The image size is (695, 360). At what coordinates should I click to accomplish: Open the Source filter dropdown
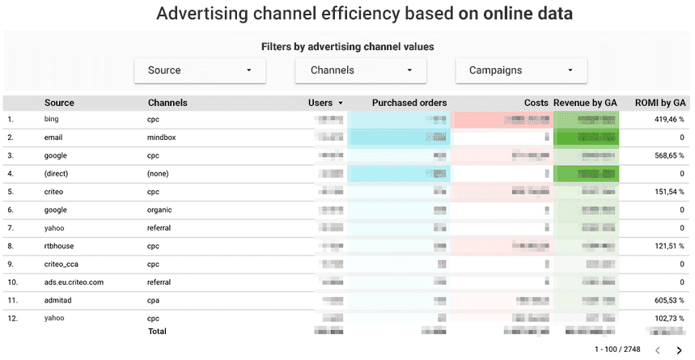coord(200,70)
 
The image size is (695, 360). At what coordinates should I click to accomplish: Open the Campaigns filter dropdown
coord(521,70)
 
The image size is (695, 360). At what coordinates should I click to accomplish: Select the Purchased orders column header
coord(409,103)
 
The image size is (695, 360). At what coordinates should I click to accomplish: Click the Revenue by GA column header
coord(585,103)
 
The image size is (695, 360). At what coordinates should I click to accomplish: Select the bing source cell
coord(53,120)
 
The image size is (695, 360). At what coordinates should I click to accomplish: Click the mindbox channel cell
coord(161,138)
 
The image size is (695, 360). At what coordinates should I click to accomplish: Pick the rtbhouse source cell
coord(60,246)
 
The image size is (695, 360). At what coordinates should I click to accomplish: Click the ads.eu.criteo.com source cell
coord(74,282)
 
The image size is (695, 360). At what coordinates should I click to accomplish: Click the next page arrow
coord(679,350)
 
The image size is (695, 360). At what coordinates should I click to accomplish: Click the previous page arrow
coord(657,350)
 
